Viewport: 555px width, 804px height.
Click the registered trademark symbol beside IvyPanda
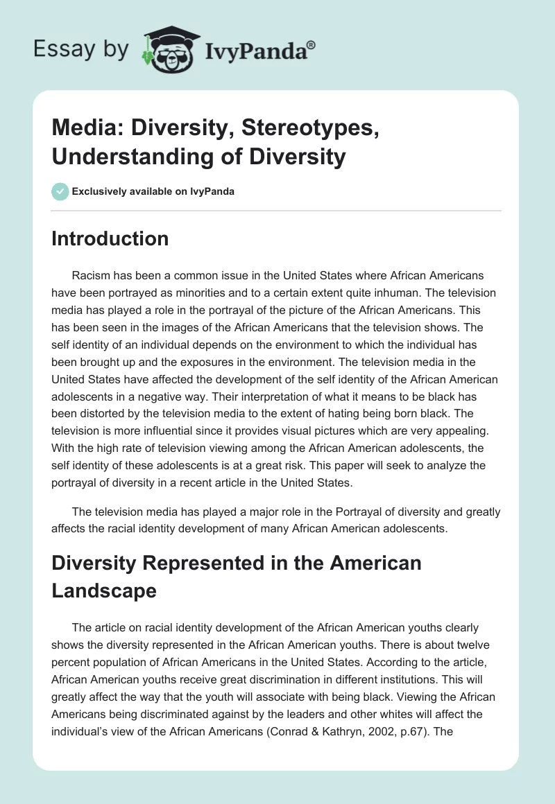[x=311, y=45]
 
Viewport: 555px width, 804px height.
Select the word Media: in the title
[x=87, y=129]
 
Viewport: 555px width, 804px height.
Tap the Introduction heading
[x=110, y=238]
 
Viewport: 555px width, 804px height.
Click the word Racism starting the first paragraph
[x=90, y=275]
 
